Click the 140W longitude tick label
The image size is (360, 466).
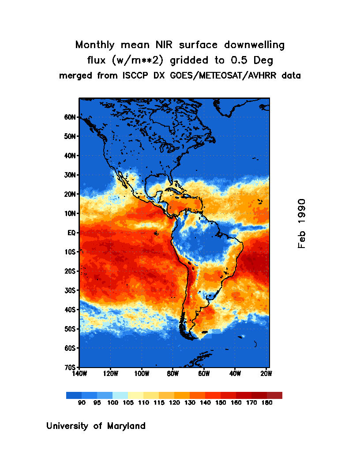tap(79, 373)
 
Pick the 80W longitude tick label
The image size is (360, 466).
tap(172, 373)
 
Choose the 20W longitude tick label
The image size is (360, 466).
tap(266, 373)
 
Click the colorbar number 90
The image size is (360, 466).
tap(82, 402)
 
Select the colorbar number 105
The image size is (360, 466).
tap(128, 402)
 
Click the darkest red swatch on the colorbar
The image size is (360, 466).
tap(274, 395)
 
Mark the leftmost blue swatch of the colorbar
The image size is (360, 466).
tap(74, 395)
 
